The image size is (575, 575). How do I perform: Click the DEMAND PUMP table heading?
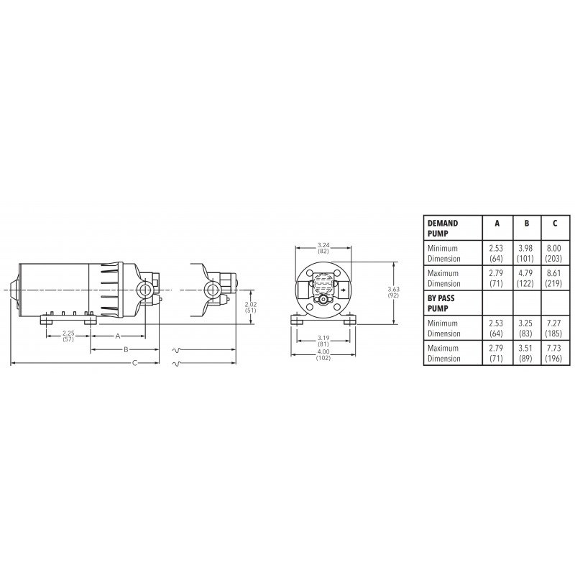coord(443,228)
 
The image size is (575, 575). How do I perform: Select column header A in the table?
coord(496,223)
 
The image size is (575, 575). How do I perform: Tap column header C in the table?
coord(554,223)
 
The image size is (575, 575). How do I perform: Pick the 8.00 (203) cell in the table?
coord(554,252)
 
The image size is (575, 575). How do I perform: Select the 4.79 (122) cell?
coord(526,278)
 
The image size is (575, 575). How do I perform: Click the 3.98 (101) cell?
coord(526,252)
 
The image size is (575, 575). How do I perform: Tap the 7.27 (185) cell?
coord(554,328)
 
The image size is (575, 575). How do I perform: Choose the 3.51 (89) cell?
coord(526,354)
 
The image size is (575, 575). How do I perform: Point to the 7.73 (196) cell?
coord(554,354)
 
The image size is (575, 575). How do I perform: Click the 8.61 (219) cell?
coord(554,278)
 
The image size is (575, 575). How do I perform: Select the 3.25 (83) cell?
coord(526,328)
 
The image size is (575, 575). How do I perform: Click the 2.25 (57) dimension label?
coord(68,336)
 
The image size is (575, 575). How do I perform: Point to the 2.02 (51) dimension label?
coord(250,308)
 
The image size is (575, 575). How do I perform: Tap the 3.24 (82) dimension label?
coord(323,249)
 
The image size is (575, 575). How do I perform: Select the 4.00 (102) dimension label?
coord(323,354)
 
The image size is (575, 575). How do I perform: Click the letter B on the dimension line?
coord(126,349)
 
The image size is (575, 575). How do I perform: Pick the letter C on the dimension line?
coord(134,363)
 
